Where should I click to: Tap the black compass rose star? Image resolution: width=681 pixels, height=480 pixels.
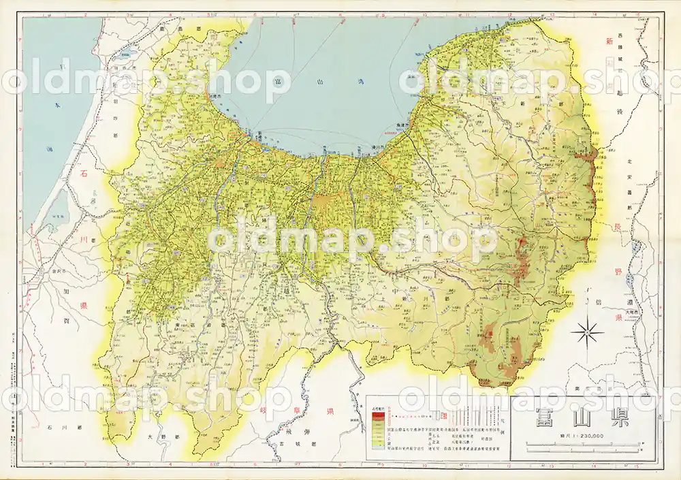587,332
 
